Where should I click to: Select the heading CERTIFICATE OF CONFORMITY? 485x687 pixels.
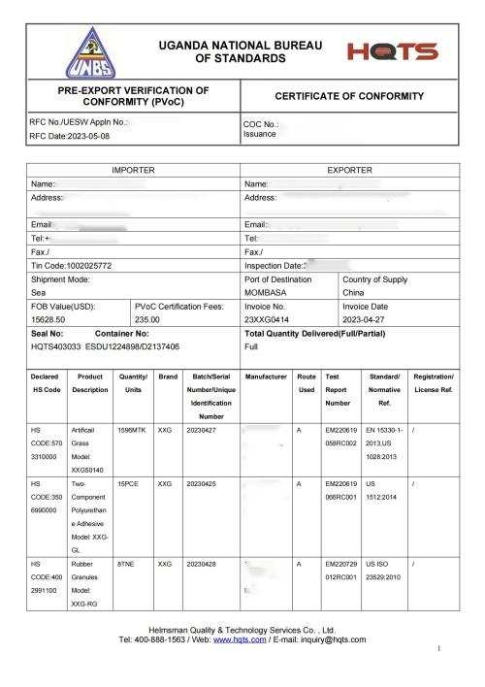349,97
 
